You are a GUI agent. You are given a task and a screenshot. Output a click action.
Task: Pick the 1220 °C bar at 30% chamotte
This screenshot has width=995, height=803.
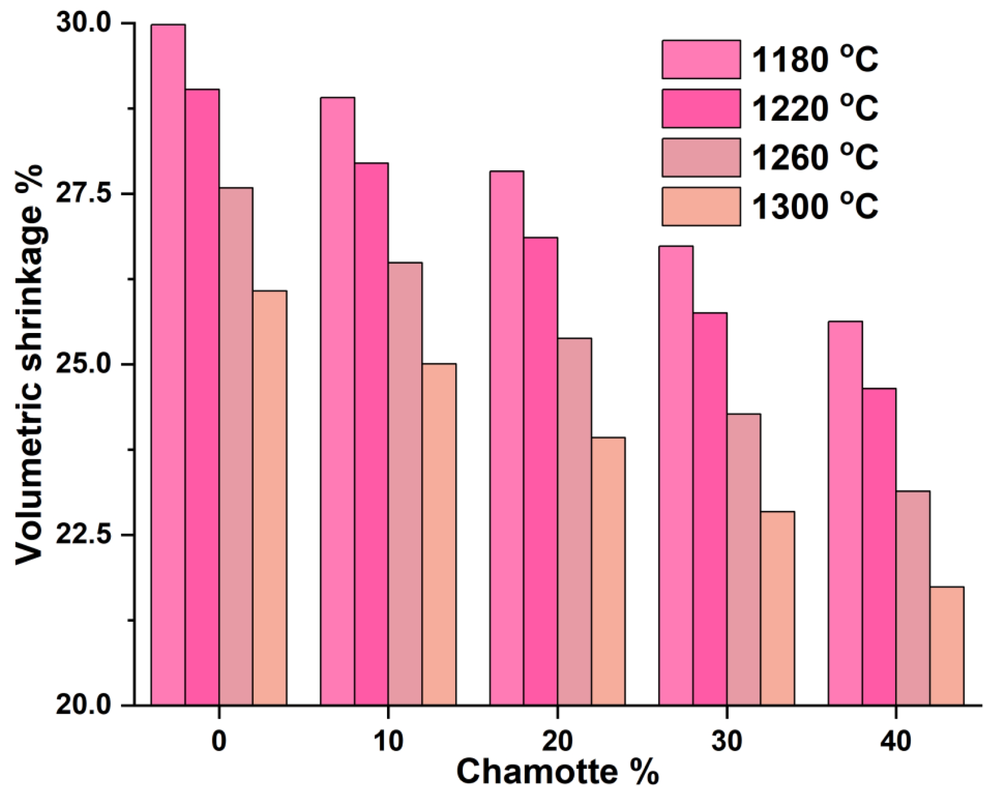click(710, 509)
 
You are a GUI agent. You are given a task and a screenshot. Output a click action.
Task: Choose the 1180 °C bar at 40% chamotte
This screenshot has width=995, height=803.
click(845, 513)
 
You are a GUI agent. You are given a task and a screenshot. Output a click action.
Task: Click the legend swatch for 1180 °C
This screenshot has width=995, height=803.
click(701, 59)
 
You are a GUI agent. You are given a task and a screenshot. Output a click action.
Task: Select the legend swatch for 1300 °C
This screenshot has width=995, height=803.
click(701, 206)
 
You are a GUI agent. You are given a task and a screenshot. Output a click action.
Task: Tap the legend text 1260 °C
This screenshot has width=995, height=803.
click(815, 158)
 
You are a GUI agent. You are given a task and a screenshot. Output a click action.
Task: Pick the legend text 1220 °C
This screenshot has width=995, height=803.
click(815, 109)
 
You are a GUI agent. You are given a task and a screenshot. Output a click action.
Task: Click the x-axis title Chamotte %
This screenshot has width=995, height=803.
click(557, 773)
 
